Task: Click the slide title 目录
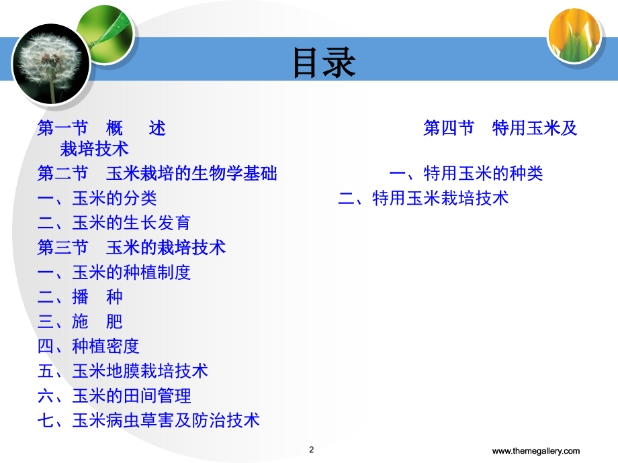click(x=324, y=62)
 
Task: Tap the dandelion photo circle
click(x=51, y=64)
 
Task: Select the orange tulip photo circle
click(x=574, y=36)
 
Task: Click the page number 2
click(x=312, y=450)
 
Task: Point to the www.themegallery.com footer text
click(x=535, y=451)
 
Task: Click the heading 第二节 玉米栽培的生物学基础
click(x=157, y=173)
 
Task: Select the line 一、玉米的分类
click(x=97, y=198)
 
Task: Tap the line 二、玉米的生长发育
click(x=114, y=223)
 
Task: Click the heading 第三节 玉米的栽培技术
click(x=132, y=248)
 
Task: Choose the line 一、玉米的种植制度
click(x=114, y=272)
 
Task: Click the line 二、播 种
click(x=80, y=297)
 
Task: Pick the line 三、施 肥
click(x=80, y=321)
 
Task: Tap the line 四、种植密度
click(x=88, y=346)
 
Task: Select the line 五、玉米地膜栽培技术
click(x=122, y=371)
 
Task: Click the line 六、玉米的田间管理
click(x=114, y=396)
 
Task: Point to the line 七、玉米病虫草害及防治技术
click(x=148, y=421)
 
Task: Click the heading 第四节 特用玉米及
click(x=500, y=128)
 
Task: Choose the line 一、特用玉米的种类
click(x=466, y=173)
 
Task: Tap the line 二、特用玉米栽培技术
click(x=423, y=198)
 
